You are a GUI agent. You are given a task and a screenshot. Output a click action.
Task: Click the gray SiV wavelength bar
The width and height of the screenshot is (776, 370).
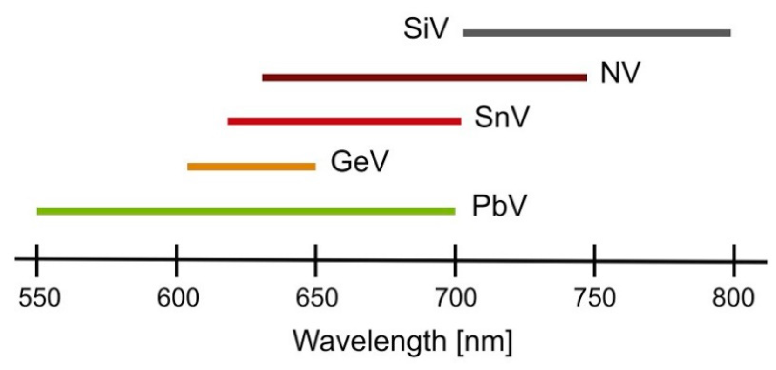coord(596,33)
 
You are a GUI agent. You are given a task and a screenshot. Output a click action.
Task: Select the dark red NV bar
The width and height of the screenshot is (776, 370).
coord(424,77)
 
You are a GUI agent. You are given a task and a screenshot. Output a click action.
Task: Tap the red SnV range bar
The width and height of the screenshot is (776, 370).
coord(344,121)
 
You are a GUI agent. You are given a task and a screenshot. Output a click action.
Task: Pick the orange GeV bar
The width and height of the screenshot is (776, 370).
coord(252,167)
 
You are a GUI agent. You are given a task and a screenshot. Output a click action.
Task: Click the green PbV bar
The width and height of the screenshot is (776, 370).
coord(246,211)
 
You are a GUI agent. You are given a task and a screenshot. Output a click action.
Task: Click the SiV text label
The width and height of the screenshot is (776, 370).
coord(425,29)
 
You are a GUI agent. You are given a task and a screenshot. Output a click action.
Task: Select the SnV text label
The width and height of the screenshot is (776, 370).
coord(502,117)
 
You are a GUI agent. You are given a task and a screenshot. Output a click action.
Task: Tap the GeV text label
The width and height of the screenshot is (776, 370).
coord(359,162)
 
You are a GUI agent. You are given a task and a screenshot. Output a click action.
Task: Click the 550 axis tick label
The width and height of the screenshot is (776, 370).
coord(39,297)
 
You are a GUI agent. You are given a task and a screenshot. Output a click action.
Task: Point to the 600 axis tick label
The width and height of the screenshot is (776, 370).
coord(177,297)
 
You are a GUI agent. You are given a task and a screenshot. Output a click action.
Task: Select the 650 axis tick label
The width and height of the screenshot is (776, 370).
coord(317,297)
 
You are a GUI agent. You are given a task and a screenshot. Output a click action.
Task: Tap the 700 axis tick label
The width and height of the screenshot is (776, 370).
coord(456,297)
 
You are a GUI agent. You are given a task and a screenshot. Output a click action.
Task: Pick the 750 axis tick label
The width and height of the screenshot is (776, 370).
coord(594,297)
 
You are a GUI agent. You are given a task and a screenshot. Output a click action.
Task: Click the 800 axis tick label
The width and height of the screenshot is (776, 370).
coord(733,297)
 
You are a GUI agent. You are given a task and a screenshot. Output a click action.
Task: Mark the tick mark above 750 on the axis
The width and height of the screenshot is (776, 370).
coord(594,260)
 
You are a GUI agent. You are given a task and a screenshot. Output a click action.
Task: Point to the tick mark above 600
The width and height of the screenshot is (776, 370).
coord(176,260)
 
